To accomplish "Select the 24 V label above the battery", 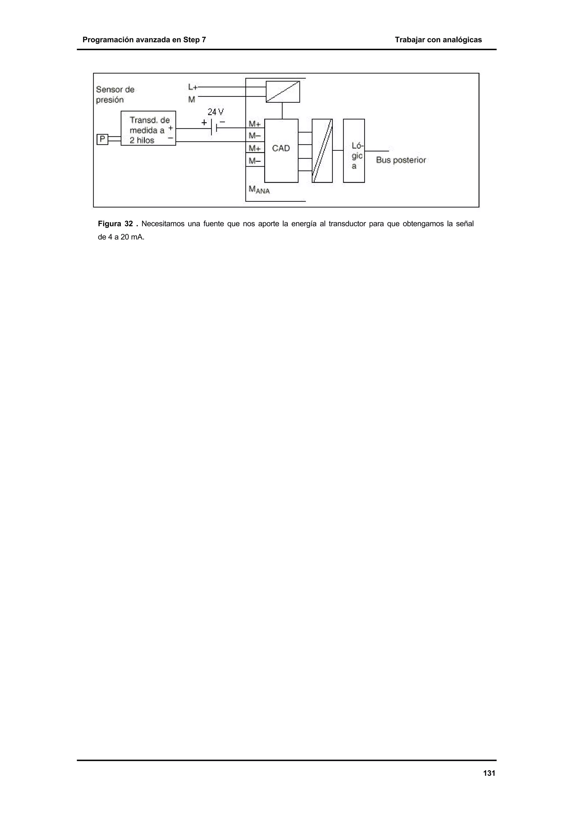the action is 215,112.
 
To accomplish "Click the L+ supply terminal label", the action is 193,87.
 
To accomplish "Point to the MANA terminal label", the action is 259,190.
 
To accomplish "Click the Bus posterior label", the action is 401,160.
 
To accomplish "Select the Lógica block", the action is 354,151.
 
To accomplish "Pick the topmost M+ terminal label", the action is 255,124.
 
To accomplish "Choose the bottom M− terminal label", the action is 255,161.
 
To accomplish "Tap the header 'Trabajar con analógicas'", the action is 438,40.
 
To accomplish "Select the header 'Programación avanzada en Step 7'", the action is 144,40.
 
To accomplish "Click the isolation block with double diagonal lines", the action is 322,151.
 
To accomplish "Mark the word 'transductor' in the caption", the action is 347,224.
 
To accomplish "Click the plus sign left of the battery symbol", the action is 204,123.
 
